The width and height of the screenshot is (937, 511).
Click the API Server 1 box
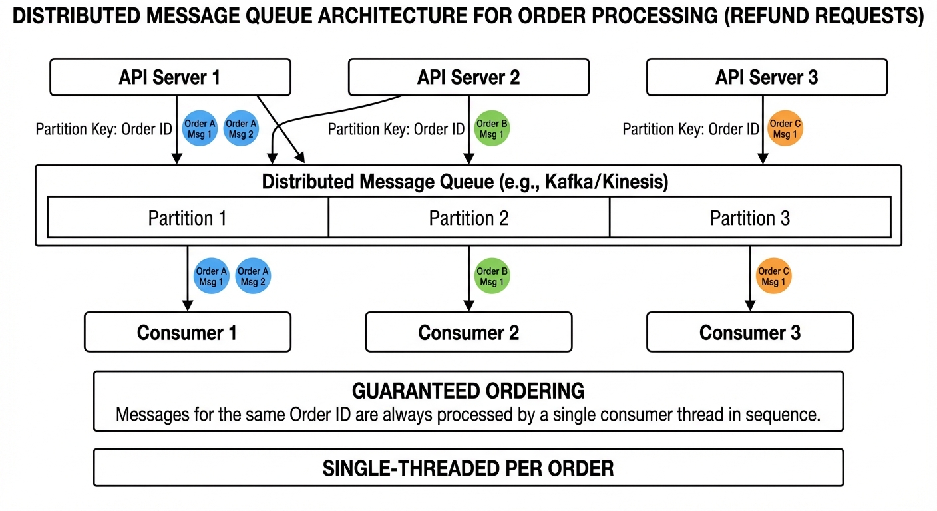click(x=170, y=77)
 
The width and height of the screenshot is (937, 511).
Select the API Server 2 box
click(x=468, y=77)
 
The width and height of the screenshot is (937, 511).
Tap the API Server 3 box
click(x=767, y=77)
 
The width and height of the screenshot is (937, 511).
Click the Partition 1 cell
click(x=188, y=218)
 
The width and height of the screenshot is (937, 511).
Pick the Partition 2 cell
click(x=468, y=218)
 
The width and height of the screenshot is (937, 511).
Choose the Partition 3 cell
click(x=750, y=218)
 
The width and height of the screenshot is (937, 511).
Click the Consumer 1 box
click(x=187, y=332)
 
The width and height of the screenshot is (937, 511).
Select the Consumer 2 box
click(x=468, y=332)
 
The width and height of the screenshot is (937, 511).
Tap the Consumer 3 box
click(x=750, y=332)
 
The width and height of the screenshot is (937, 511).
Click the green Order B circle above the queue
click(x=491, y=129)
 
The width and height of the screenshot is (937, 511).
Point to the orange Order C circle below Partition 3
click(x=773, y=277)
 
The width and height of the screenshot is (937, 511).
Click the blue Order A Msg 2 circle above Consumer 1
click(x=253, y=277)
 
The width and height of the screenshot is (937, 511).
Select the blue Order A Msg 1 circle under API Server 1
click(x=200, y=129)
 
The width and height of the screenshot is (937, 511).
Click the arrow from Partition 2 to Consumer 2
click(x=468, y=279)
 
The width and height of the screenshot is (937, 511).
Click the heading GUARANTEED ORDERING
click(x=468, y=391)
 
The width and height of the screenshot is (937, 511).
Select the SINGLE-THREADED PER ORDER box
click(x=468, y=468)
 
